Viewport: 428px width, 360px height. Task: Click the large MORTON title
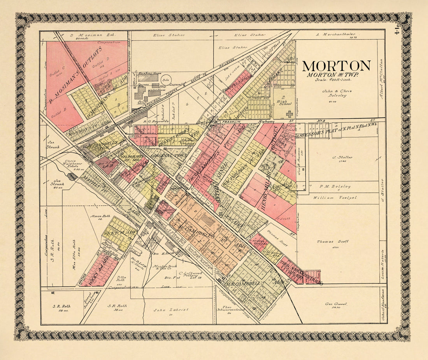(x=337, y=65)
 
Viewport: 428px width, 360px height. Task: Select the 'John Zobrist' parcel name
(x=171, y=310)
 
